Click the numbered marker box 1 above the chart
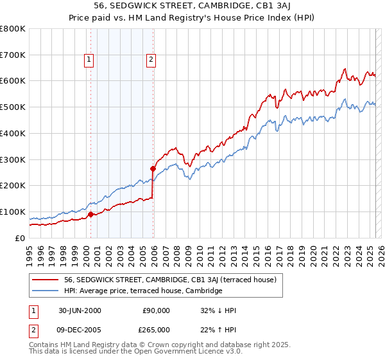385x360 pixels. (89, 60)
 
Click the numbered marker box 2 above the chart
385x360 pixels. (151, 60)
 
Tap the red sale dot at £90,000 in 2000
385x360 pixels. (90, 214)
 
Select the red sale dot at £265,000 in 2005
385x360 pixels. (153, 168)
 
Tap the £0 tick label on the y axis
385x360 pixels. (21, 238)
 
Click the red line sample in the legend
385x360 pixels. (45, 280)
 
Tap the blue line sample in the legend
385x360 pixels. (45, 291)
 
